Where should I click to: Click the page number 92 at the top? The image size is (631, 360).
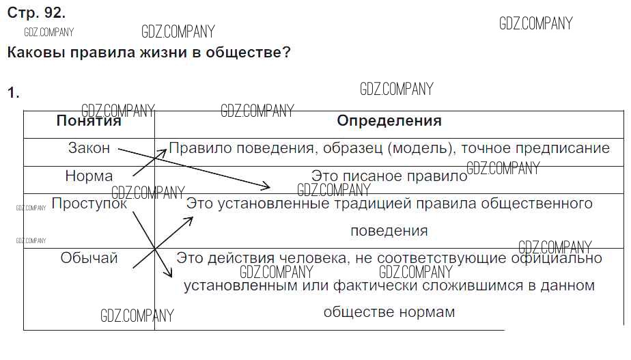54,13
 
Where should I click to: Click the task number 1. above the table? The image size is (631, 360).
13,93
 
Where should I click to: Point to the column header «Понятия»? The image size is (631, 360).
89,121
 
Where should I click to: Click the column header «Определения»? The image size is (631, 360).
389,120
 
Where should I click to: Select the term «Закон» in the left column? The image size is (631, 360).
89,148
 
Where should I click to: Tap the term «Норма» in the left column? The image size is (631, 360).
89,176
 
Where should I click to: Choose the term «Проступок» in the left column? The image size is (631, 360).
89,204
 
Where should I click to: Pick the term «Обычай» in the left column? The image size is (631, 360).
89,258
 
